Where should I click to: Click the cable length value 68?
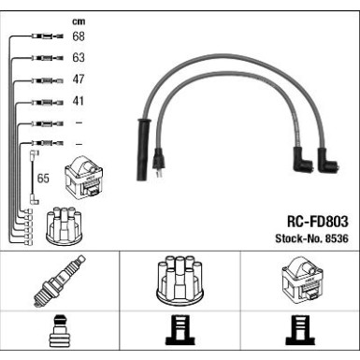(x=79, y=36)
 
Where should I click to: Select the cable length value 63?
(x=79, y=57)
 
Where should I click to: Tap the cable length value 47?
(x=79, y=79)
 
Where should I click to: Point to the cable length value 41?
(x=79, y=101)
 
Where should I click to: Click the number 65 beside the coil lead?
(x=43, y=178)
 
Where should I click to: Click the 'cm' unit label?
(x=79, y=22)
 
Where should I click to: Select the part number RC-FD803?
(x=317, y=222)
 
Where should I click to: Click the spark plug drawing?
(x=60, y=280)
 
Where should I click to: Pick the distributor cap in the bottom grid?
(x=180, y=281)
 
